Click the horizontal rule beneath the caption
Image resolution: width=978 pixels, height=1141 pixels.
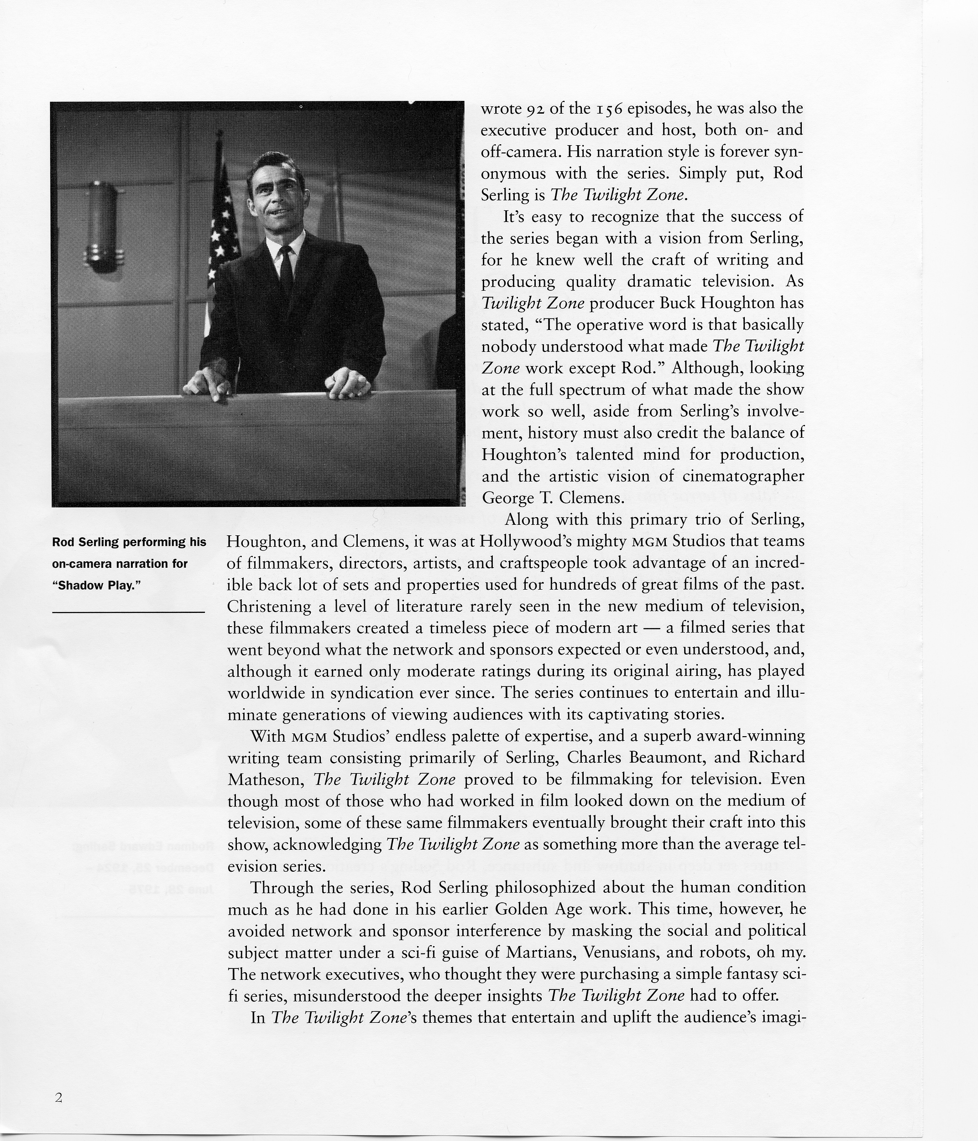tap(128, 612)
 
